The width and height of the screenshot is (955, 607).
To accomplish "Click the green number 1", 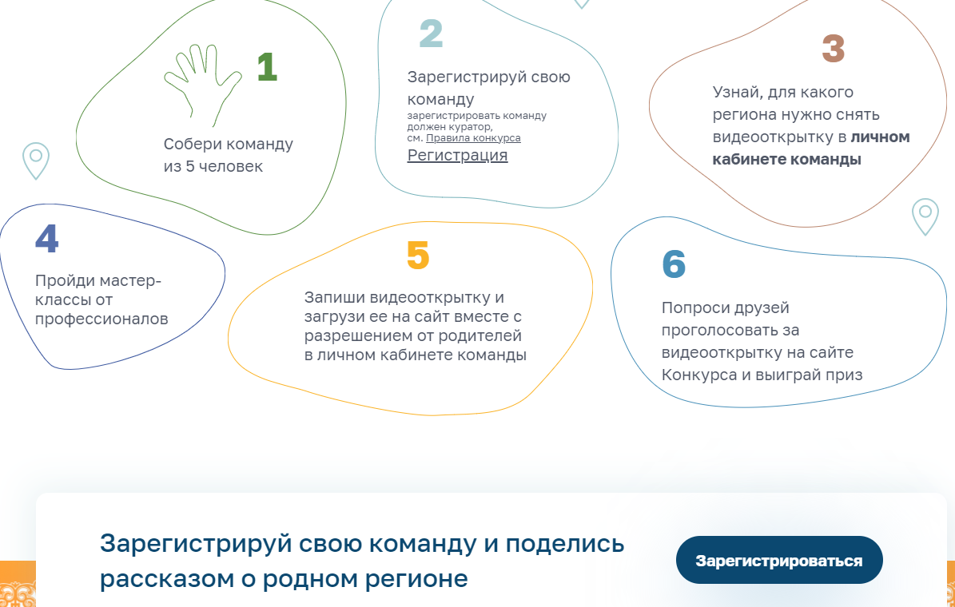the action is pyautogui.click(x=267, y=67).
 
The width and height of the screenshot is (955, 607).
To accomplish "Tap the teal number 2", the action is pyautogui.click(x=431, y=34).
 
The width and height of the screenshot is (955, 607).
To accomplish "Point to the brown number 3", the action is pyautogui.click(x=834, y=49).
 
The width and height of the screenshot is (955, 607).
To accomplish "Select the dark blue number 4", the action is pyautogui.click(x=47, y=239).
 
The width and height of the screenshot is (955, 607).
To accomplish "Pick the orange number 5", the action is pyautogui.click(x=418, y=255).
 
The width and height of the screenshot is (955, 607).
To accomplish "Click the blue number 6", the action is pyautogui.click(x=674, y=264).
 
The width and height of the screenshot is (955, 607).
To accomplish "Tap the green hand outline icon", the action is pyautogui.click(x=203, y=84).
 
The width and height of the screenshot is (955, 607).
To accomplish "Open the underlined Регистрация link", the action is pyautogui.click(x=457, y=155).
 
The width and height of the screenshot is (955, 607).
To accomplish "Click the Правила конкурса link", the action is pyautogui.click(x=473, y=138).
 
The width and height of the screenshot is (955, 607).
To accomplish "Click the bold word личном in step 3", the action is pyautogui.click(x=880, y=137).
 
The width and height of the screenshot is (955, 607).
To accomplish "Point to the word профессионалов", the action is pyautogui.click(x=101, y=319).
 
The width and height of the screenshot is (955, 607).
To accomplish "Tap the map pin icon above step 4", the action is pyautogui.click(x=36, y=161).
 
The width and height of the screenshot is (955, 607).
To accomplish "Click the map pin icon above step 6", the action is pyautogui.click(x=925, y=216).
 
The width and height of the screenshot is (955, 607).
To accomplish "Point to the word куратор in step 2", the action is pyautogui.click(x=470, y=127).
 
